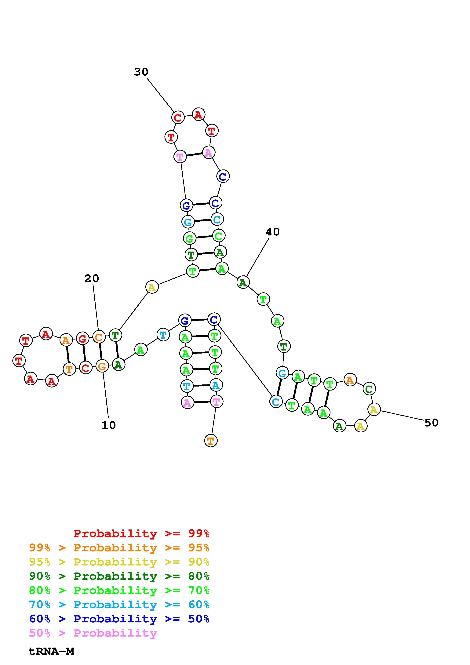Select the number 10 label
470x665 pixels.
click(109, 425)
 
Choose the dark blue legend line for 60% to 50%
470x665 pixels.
click(119, 619)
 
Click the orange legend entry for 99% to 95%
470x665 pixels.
click(119, 547)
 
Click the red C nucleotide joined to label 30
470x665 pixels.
click(178, 118)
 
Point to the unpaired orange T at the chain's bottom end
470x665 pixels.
click(210, 441)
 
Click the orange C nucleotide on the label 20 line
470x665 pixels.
click(98, 337)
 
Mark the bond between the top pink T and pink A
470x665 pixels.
click(194, 154)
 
